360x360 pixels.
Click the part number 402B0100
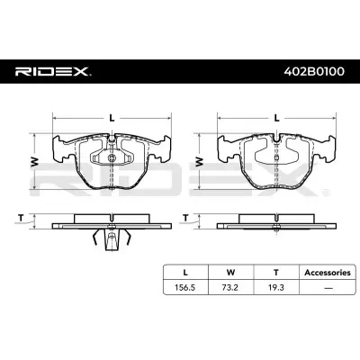coord(314,72)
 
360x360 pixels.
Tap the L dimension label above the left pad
coord(112,118)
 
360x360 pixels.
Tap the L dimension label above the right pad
coord(277,118)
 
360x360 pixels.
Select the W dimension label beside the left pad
coord(35,162)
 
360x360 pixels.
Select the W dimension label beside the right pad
coord(199,162)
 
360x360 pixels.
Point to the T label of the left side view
coord(21,218)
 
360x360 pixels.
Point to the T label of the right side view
coord(185,218)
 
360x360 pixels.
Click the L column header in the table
coord(185,273)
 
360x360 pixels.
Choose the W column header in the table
coord(230,273)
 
